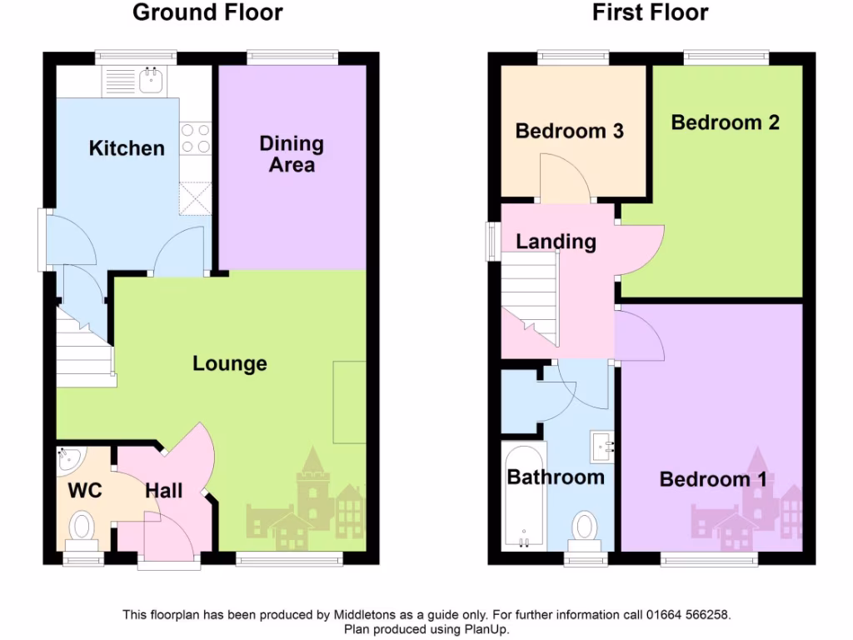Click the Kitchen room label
pyautogui.click(x=127, y=148)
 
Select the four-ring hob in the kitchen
pyautogui.click(x=195, y=138)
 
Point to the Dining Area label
pyautogui.click(x=292, y=154)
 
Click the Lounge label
pyautogui.click(x=230, y=363)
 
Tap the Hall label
pyautogui.click(x=164, y=491)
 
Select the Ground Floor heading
pyautogui.click(x=207, y=12)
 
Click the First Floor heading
pyautogui.click(x=650, y=12)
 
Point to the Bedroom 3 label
pyautogui.click(x=570, y=131)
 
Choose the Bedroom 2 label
pyautogui.click(x=725, y=122)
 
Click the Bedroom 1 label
pyautogui.click(x=713, y=479)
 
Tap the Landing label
pyautogui.click(x=556, y=242)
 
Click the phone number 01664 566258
pyautogui.click(x=688, y=615)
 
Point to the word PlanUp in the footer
pyautogui.click(x=486, y=629)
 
